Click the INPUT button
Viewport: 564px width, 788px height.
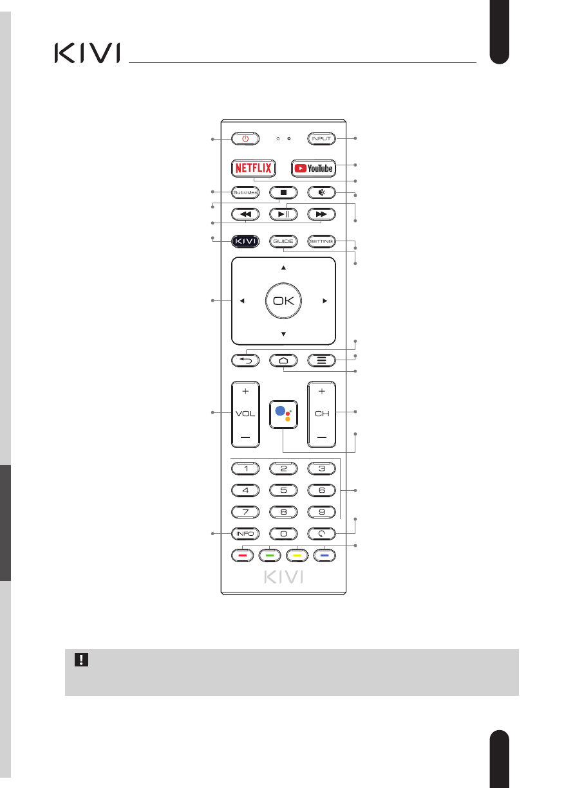322,138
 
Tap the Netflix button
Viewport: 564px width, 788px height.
253,168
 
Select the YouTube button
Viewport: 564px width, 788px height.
314,168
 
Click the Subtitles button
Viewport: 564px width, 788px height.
245,192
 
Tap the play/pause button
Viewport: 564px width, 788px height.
283,214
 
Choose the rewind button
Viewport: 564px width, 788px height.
245,214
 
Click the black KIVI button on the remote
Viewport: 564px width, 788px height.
245,241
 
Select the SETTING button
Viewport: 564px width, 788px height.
322,241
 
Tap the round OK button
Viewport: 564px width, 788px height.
283,300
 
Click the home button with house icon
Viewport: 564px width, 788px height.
283,360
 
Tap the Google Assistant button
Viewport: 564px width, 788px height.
283,414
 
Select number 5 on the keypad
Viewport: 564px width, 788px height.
283,490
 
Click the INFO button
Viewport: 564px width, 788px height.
245,533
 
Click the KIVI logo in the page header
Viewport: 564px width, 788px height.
87,53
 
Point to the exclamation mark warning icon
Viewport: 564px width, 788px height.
81,659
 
